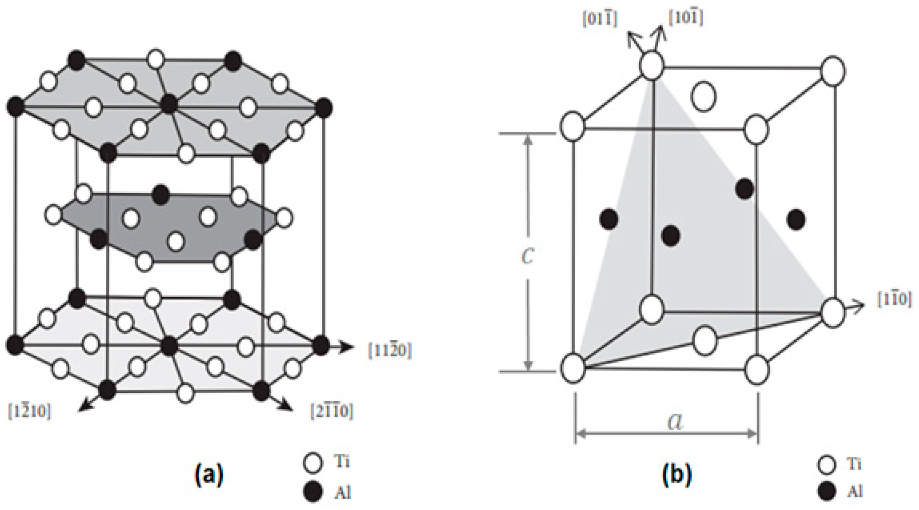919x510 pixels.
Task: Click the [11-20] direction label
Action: point(390,351)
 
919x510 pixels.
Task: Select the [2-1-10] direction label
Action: point(331,412)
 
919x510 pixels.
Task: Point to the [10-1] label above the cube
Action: point(685,18)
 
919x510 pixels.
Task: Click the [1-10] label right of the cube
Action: point(894,301)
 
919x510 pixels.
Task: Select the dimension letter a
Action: point(675,422)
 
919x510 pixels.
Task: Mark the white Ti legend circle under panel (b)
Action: point(826,465)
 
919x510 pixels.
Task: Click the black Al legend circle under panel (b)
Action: point(826,491)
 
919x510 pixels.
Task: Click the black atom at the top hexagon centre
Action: point(169,104)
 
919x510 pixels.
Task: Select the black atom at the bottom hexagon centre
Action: point(169,345)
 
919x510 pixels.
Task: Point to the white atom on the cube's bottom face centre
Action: point(705,341)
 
